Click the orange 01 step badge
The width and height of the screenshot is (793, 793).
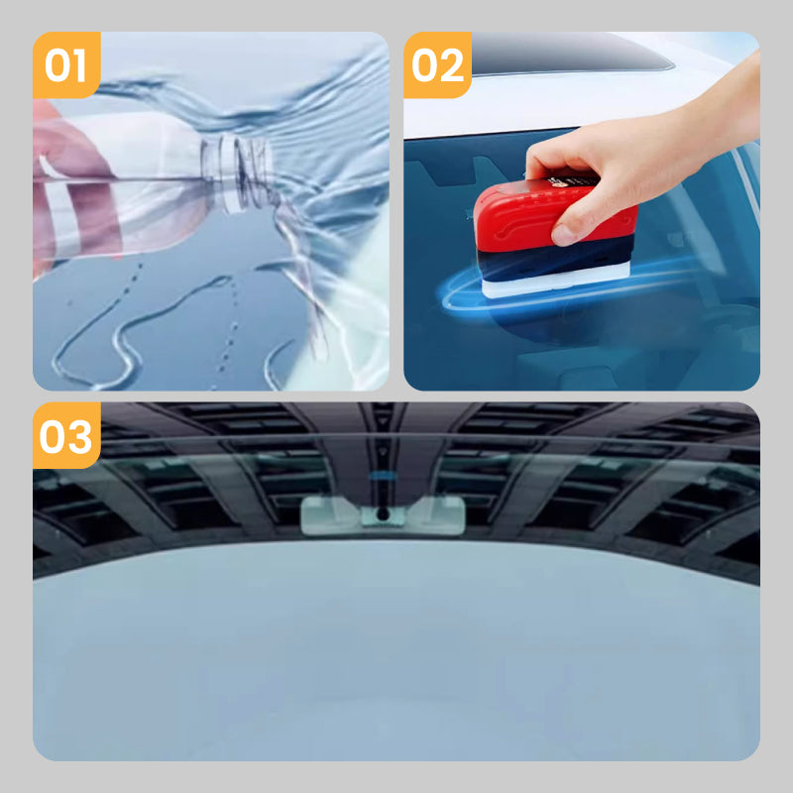pos(66,65)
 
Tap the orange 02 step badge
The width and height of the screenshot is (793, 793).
pos(437,65)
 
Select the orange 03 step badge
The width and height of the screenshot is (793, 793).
pos(66,435)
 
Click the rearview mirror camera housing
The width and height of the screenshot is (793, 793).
pos(382,514)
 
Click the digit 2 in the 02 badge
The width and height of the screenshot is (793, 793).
pos(453,65)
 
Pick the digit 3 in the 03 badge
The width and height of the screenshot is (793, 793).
pos(82,435)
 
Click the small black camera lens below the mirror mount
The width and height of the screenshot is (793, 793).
pos(382,515)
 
